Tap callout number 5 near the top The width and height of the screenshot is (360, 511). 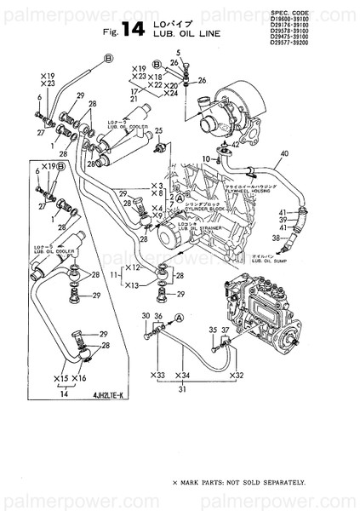tap(179, 54)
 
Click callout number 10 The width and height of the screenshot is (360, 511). tap(206, 159)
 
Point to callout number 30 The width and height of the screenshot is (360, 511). tap(145, 316)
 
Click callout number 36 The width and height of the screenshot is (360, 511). tap(158, 316)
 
